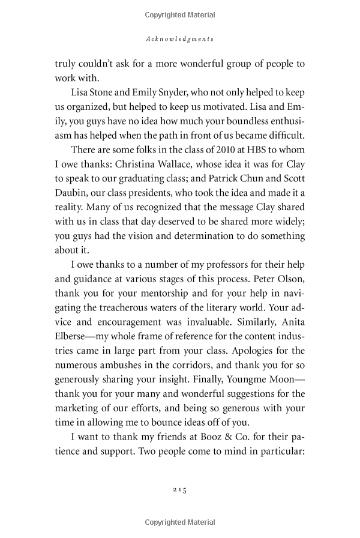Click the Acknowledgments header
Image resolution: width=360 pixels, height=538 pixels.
click(x=180, y=38)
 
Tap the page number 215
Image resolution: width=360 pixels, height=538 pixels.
click(x=180, y=490)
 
